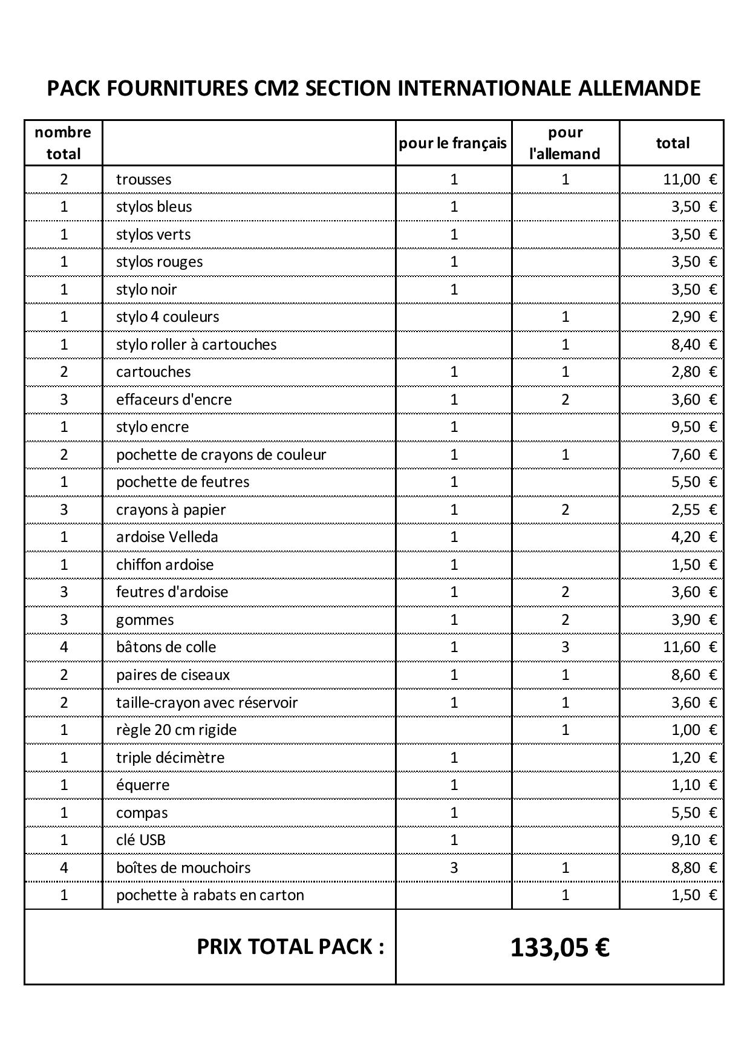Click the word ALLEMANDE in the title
[639, 88]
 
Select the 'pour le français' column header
[453, 143]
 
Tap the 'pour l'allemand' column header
[565, 143]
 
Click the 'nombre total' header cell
[64, 143]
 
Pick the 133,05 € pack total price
[559, 947]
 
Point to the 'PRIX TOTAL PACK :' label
[290, 947]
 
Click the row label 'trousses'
[143, 180]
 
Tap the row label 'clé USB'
[140, 840]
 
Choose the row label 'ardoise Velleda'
[167, 537]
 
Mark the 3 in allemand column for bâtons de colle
[565, 647]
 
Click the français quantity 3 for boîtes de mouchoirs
[454, 868]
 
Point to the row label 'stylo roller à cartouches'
[196, 345]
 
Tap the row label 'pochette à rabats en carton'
[210, 895]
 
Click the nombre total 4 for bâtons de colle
[64, 647]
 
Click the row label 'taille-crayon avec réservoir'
[207, 703]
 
